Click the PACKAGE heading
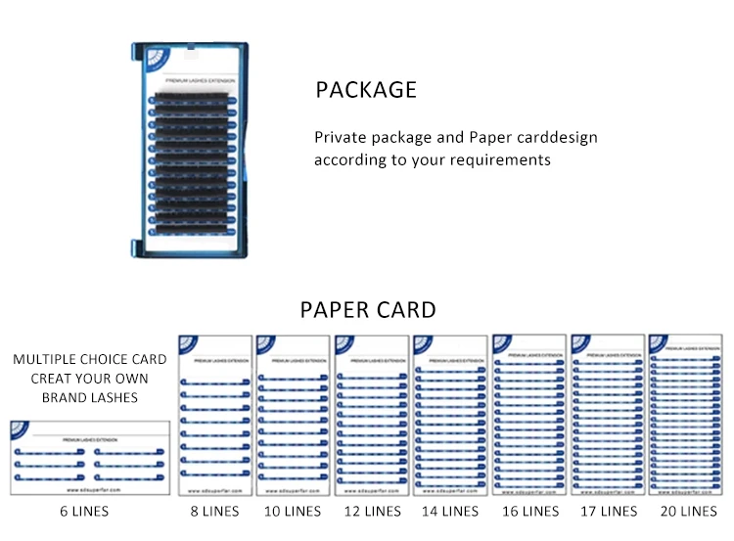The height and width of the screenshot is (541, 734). (366, 90)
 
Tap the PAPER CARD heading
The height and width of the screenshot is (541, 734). (367, 311)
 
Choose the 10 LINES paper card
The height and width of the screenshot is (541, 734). (293, 415)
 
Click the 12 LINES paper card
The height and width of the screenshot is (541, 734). (372, 415)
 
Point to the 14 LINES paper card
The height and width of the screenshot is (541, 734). (450, 415)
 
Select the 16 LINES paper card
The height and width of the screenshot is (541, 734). (529, 415)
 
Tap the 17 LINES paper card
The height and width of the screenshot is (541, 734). (608, 415)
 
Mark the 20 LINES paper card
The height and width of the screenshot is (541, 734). (686, 415)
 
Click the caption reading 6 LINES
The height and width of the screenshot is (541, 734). (85, 511)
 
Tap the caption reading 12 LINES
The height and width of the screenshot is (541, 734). (372, 511)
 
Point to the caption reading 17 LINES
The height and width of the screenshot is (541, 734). (608, 511)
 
